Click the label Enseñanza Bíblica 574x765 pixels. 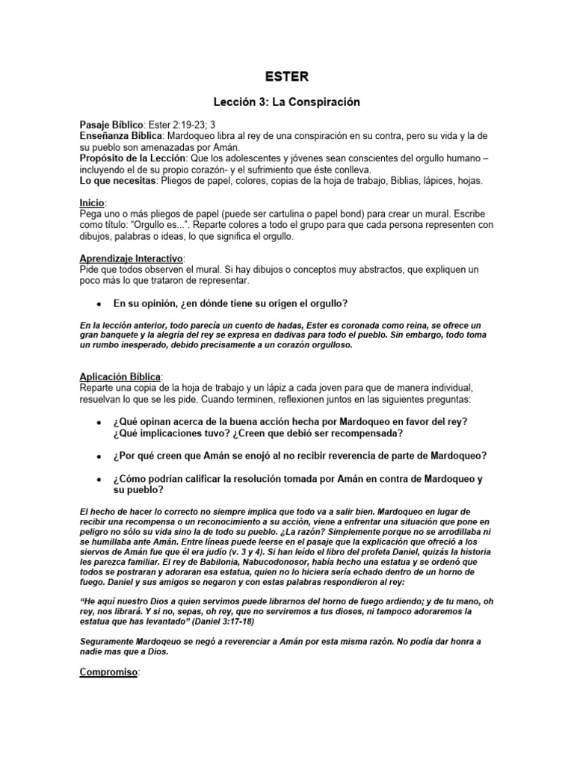coord(120,137)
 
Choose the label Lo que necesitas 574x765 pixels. coord(117,180)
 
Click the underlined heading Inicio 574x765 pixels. coord(93,202)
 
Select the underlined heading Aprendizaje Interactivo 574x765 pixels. coord(131,257)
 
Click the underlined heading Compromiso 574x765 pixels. coord(109,672)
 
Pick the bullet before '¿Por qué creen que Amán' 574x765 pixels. coord(99,456)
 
